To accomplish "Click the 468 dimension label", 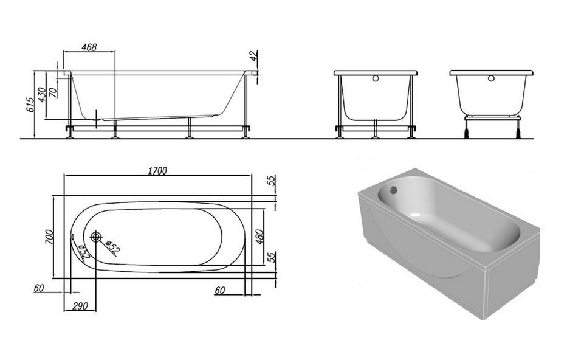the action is tap(89, 47).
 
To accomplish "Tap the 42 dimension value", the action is tap(253, 55).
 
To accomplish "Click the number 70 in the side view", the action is tap(53, 92).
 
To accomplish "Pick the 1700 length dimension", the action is tap(157, 170).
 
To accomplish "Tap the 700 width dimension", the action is tap(49, 237).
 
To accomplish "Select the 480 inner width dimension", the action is tap(259, 237).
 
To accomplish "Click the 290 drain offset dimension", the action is tap(80, 306).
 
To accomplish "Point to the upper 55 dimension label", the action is tap(272, 180).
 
